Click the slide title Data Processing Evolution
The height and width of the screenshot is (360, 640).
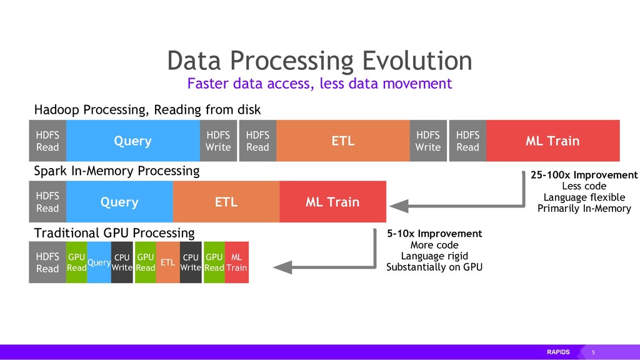[x=319, y=61]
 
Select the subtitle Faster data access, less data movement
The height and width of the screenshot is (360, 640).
[x=319, y=84]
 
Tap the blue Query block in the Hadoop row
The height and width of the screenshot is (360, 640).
[x=132, y=141]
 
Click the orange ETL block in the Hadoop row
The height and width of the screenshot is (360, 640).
[x=342, y=141]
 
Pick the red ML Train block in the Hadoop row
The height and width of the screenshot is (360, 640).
[x=552, y=141]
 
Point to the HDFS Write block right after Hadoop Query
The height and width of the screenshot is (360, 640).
[x=218, y=141]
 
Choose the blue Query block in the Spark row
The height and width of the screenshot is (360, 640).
[x=119, y=202]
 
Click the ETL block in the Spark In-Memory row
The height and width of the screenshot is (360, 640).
[x=226, y=202]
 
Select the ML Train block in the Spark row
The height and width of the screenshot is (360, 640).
[x=332, y=202]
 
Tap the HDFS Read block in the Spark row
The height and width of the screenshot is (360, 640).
[x=47, y=202]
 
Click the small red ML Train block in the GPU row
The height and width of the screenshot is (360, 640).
[x=236, y=262]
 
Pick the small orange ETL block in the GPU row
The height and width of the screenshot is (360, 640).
[x=167, y=262]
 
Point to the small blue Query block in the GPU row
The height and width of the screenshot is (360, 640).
[x=99, y=262]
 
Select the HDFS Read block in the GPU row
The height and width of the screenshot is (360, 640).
[x=47, y=262]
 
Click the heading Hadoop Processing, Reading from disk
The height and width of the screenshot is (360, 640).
[x=147, y=110]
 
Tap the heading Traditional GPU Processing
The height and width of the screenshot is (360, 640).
[x=114, y=233]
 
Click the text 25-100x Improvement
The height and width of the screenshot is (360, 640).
[x=584, y=175]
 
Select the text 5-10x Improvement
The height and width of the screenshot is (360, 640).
[x=434, y=234]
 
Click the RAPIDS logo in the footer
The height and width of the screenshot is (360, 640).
[x=558, y=352]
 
